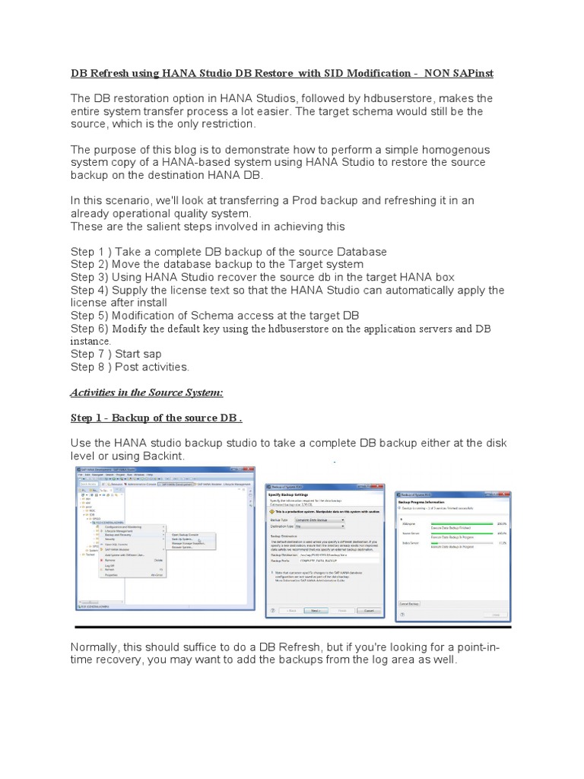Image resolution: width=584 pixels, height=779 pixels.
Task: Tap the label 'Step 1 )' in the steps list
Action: pos(95,251)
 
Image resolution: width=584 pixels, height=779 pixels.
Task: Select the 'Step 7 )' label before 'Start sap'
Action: pos(95,354)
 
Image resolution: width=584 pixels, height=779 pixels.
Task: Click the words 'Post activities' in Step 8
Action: pos(151,367)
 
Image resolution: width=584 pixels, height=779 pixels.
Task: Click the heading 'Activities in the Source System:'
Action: pos(146,392)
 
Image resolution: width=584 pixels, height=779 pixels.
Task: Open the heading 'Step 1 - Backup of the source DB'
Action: pos(156,418)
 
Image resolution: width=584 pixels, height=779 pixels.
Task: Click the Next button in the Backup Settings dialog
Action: pos(313,609)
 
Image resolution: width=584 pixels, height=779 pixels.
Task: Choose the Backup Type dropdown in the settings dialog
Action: pos(320,520)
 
